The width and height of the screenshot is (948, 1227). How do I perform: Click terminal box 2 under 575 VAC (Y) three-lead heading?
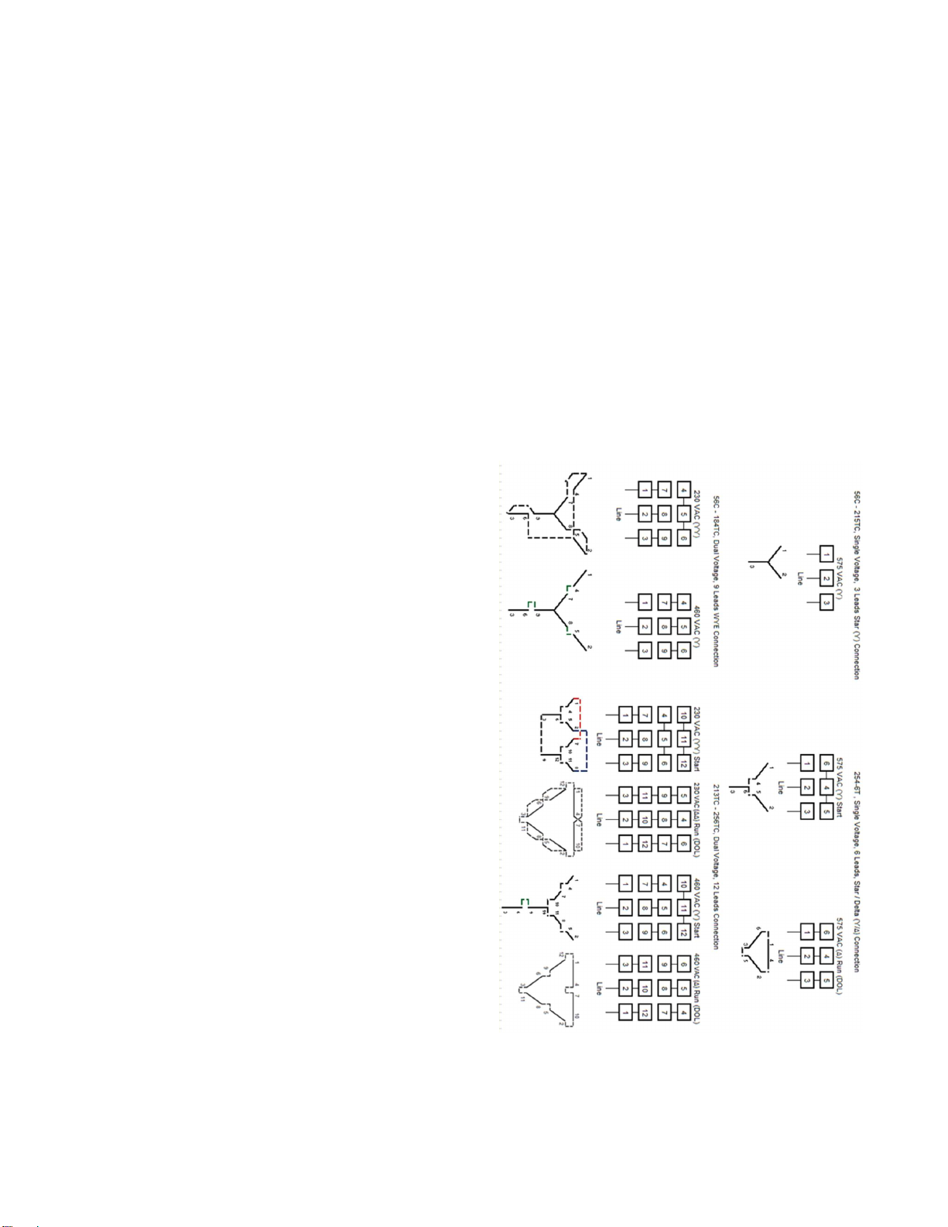coord(826,578)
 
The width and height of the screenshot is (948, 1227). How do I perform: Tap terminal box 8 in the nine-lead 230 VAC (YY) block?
coord(663,513)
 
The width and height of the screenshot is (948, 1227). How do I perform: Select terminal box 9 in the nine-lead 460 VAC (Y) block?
coord(663,652)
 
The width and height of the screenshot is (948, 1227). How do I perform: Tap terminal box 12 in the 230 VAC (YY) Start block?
coord(683,764)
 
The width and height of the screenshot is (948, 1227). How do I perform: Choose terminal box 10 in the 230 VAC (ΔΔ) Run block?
coord(644,819)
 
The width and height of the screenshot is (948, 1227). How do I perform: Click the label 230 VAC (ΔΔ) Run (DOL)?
coord(696,820)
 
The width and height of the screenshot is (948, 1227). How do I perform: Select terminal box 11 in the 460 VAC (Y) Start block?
coord(683,907)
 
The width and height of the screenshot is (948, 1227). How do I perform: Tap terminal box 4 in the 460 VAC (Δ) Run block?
coord(683,1012)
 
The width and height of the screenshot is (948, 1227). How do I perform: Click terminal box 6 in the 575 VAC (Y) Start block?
coord(826,763)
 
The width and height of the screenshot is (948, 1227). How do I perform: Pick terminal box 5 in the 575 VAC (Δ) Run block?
coord(826,981)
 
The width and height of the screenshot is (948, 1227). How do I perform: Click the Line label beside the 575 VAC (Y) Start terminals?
coord(781,787)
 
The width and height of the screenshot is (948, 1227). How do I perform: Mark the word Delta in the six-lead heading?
coord(857,910)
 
